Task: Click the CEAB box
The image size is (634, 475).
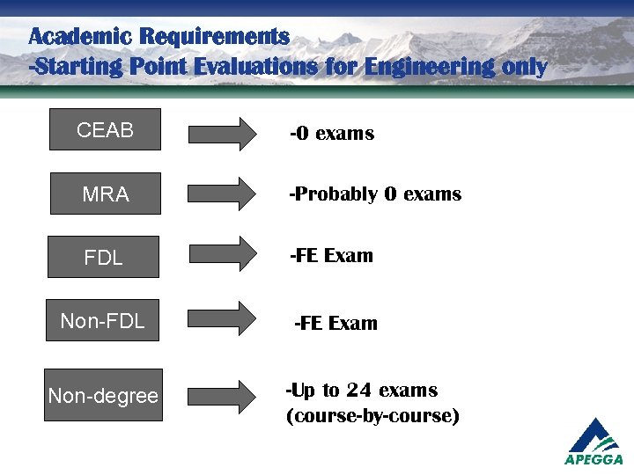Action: click(105, 130)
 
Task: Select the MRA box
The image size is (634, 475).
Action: click(105, 194)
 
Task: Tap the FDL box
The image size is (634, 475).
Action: click(104, 258)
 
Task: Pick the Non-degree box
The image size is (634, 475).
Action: click(104, 396)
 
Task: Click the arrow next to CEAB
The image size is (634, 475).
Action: click(221, 134)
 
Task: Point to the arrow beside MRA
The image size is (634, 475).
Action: click(221, 194)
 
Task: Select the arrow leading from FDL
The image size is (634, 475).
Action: click(221, 255)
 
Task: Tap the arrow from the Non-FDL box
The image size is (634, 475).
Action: click(221, 318)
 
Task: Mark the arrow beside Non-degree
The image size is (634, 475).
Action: click(221, 394)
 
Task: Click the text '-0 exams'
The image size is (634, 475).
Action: click(332, 134)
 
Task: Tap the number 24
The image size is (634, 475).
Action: click(359, 391)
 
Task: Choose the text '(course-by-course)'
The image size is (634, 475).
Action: click(372, 416)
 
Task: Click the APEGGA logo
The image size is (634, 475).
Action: click(593, 441)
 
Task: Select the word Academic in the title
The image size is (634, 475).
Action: click(78, 37)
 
